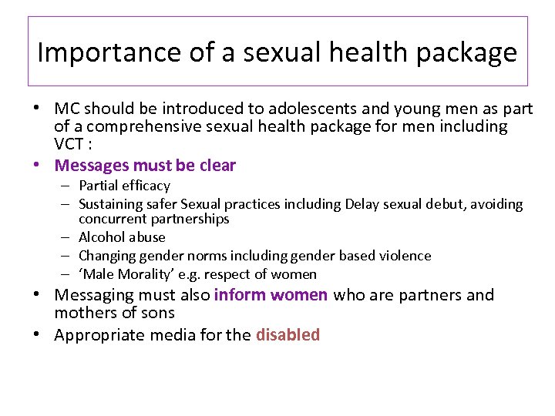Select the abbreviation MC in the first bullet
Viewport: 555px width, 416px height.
(66, 109)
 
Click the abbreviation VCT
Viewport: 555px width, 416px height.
(69, 144)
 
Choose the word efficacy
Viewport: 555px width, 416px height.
(146, 186)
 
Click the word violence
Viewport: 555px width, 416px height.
(404, 256)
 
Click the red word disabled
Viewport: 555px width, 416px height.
(288, 335)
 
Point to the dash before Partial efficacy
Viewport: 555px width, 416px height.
(67, 186)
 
